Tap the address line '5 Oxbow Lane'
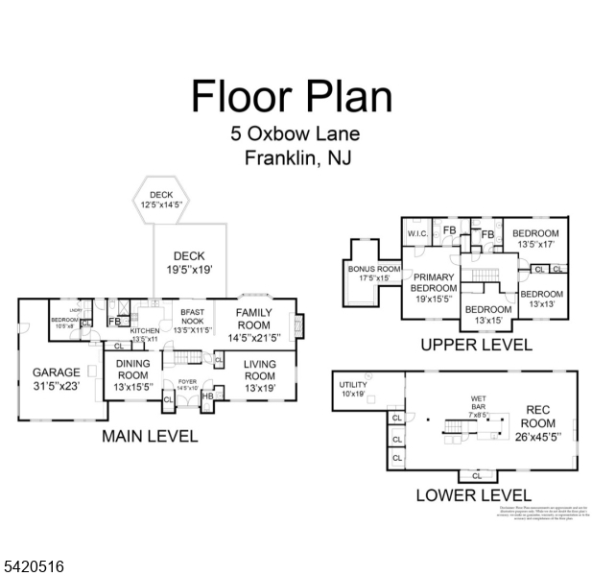(295, 134)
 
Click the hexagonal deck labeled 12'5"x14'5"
(160, 200)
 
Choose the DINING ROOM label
(132, 369)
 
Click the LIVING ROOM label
(259, 369)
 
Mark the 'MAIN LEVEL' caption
(150, 437)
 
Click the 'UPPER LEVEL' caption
(476, 345)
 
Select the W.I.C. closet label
(417, 233)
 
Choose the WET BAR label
(478, 401)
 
